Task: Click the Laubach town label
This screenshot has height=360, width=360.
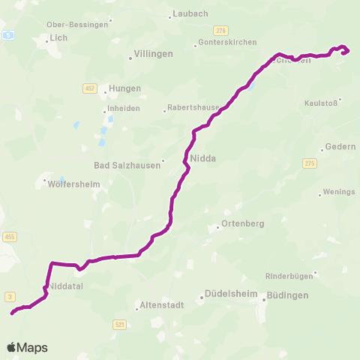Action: coord(190,13)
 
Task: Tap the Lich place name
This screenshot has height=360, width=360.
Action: coord(58,38)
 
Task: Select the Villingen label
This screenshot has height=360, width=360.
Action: coord(153,54)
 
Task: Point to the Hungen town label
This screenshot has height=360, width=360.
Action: coord(124,88)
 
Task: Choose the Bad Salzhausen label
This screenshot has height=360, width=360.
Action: coord(127,165)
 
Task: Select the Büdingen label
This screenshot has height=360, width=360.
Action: coord(287,295)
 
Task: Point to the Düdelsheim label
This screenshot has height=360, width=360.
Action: coord(230,295)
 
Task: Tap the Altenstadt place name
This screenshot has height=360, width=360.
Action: coord(161,305)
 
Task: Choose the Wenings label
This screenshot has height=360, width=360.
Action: coord(338,192)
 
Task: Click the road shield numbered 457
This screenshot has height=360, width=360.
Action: coord(88,88)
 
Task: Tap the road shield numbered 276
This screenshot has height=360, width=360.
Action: coord(220,29)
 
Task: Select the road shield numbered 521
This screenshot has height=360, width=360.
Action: coord(120,324)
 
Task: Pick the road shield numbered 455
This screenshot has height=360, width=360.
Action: coord(10,236)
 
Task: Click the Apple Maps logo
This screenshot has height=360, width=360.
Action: coord(27,347)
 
